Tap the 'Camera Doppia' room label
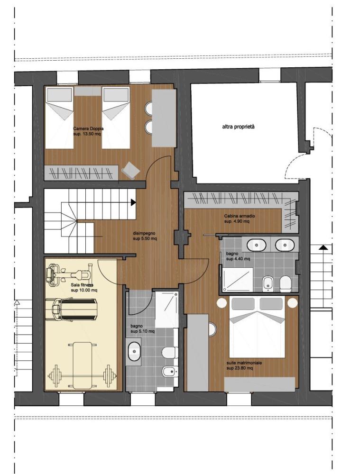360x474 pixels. pos(88,128)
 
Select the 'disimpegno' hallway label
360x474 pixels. pos(144,233)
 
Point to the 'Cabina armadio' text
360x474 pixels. pos(240,216)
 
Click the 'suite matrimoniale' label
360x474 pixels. pos(244,363)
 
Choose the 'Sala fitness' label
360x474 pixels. pos(82,285)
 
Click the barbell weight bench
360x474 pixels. pos(83,365)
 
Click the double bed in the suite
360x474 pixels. pos(257,327)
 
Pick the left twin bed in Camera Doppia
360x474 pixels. pos(60,118)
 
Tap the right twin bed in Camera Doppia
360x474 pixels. pos(116,118)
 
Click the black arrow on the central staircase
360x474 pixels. pos(133,202)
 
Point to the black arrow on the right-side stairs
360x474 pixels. pos(323,247)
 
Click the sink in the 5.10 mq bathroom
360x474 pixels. pos(134,351)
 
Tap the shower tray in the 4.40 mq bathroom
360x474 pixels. pos(238,280)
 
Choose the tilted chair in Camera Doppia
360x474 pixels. pos(131,171)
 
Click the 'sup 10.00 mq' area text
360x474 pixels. pos(84,291)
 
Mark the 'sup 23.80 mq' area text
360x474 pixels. pos(240,368)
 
